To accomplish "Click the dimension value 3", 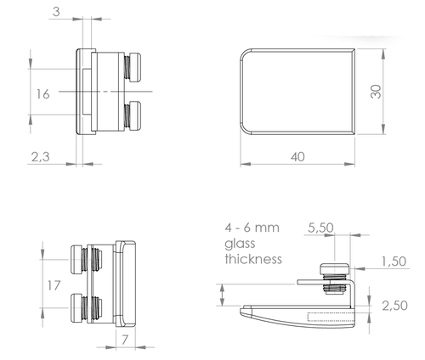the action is [56, 12].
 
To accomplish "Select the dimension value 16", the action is [42, 94].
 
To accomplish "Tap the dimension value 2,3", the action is [40, 157].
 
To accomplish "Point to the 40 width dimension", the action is [297, 157].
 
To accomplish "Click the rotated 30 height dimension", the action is [376, 92].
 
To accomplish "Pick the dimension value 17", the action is [54, 285].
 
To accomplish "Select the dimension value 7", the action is [125, 340].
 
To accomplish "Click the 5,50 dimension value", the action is [320, 228].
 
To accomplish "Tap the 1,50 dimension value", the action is [394, 262].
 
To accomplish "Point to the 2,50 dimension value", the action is [394, 306].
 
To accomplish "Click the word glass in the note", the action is [240, 244].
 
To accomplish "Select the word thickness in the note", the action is [253, 259].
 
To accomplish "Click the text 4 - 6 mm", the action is [252, 228].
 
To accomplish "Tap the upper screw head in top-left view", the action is [135, 67].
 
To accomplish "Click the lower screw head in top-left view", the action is [135, 115].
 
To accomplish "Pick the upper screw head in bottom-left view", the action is [76, 260].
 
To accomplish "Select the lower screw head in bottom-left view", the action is [76, 308].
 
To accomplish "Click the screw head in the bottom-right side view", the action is [335, 268].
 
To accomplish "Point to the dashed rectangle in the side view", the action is [331, 318].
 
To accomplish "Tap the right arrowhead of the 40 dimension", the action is [349, 164].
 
